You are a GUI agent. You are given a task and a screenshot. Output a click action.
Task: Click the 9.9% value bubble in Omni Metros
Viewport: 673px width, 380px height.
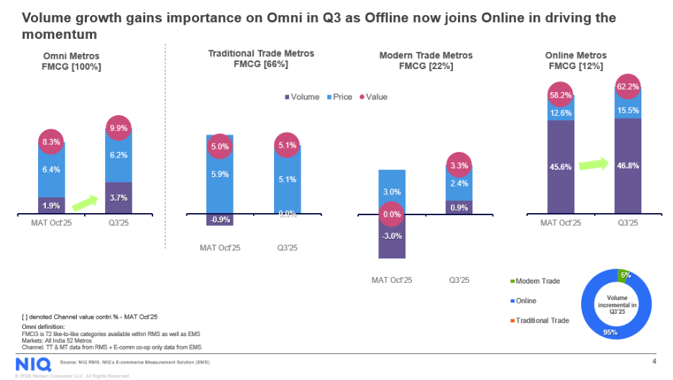coord(118,129)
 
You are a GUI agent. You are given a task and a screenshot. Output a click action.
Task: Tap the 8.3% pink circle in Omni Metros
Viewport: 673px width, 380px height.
coord(51,143)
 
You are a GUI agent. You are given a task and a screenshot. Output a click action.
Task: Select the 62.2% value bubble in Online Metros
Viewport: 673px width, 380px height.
coord(628,89)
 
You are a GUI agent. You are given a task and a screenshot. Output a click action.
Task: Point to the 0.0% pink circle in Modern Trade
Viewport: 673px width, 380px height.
coord(392,214)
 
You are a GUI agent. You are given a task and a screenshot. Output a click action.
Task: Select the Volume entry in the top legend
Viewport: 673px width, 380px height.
coord(303,96)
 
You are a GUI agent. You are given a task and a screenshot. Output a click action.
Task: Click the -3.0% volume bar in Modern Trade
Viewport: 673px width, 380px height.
coord(392,236)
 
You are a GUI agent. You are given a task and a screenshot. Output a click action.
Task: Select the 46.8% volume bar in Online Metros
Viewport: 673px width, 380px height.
coord(628,166)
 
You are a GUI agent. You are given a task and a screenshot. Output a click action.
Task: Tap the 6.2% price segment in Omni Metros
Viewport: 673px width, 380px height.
coord(118,155)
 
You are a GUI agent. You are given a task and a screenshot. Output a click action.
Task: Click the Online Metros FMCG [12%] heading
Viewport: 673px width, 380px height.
coord(575,60)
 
